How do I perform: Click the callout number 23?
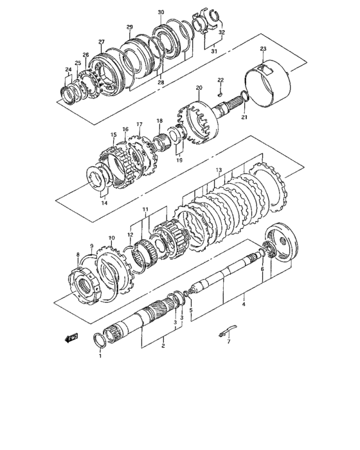(x=263, y=49)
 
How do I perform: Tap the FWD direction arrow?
(x=71, y=336)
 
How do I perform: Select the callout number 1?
(x=100, y=355)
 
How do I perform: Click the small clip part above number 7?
(x=225, y=331)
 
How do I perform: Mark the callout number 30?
(x=161, y=12)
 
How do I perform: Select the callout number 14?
(x=104, y=203)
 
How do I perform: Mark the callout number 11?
(x=145, y=210)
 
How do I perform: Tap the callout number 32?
(x=222, y=32)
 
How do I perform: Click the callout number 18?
(x=159, y=121)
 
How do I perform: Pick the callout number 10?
(x=111, y=239)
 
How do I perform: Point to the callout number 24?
(x=67, y=69)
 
